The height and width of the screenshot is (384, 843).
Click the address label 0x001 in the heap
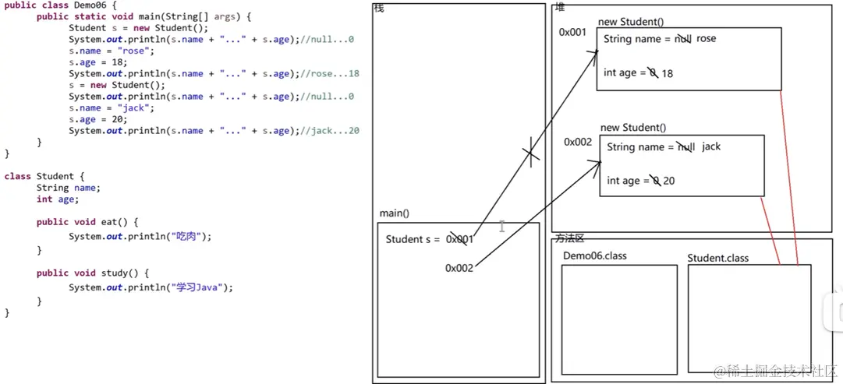coord(572,33)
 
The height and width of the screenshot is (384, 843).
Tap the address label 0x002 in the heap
coord(578,142)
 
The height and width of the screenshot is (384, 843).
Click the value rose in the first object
coord(706,39)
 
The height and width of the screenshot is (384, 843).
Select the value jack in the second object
coord(711,147)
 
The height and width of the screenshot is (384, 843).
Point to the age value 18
coord(668,73)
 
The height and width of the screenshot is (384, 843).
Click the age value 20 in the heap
coord(669,181)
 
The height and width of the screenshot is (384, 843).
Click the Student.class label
coord(717,258)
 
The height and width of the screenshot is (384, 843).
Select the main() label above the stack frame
coord(395,213)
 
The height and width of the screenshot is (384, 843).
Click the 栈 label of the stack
coord(379,9)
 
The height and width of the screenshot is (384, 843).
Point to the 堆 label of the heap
coord(559,8)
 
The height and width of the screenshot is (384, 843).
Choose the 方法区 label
coord(569,238)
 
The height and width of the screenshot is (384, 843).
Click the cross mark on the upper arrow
coord(531,153)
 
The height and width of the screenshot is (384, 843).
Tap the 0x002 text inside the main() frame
coord(460,268)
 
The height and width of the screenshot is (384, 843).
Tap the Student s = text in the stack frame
coord(413,239)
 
